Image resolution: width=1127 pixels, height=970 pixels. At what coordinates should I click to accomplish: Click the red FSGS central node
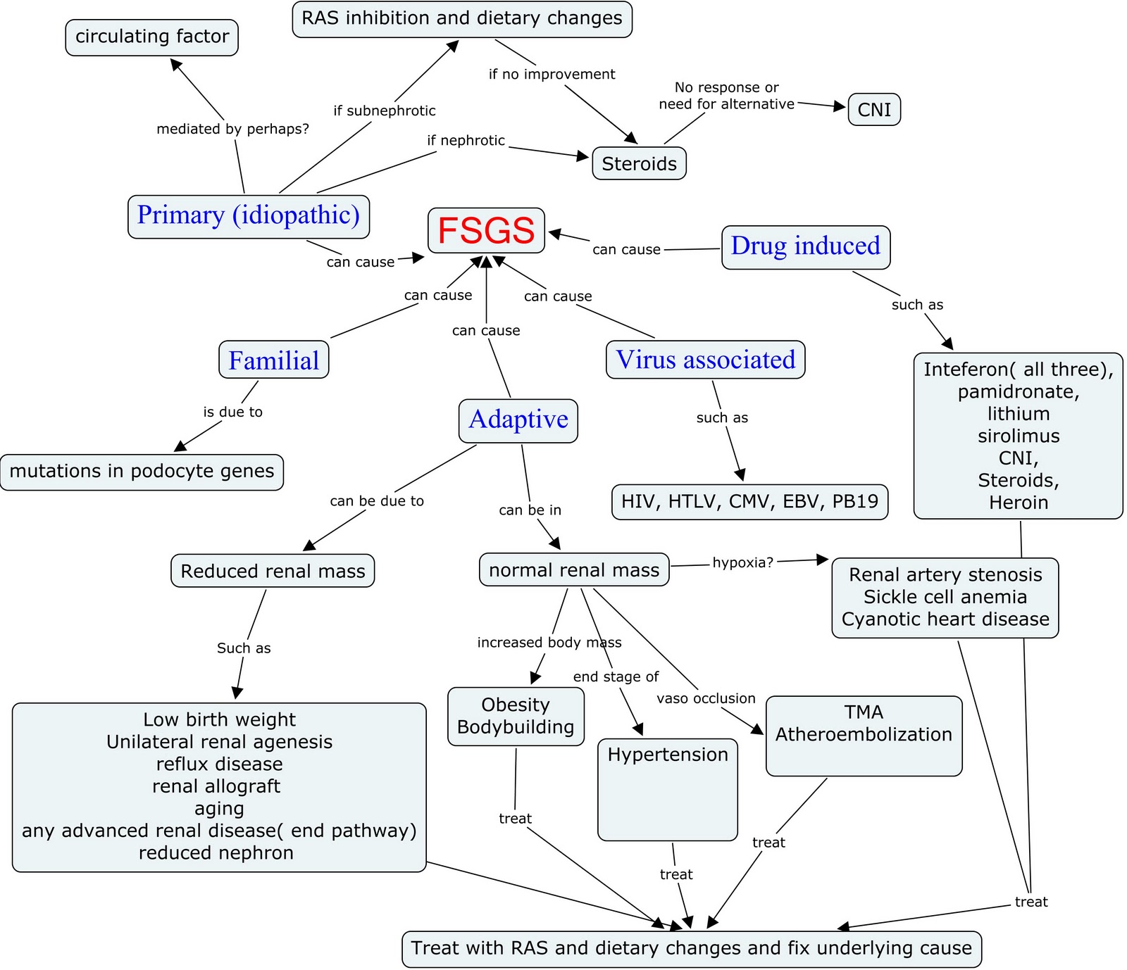pos(486,230)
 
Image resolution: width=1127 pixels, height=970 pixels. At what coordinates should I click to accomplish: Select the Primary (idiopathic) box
pos(249,216)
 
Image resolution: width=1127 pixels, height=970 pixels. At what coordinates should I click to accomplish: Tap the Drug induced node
pos(806,247)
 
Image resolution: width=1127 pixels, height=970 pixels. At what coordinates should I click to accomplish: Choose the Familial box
pos(274,360)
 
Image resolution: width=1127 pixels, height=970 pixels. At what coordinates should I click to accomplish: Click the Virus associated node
pos(705,360)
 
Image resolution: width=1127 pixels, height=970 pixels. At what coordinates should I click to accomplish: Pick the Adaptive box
pos(518,420)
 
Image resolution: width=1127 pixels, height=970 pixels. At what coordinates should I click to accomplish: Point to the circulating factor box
pos(152,37)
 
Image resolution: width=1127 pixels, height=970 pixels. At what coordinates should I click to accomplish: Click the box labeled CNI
pos(874,110)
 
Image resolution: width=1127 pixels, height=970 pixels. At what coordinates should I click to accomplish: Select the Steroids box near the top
pos(639,164)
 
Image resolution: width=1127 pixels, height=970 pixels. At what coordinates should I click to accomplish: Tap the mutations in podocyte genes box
pos(142,472)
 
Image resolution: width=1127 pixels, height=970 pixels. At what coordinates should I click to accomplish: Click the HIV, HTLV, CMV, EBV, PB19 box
pos(749,502)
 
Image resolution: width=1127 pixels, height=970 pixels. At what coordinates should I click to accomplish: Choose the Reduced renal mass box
pos(273,571)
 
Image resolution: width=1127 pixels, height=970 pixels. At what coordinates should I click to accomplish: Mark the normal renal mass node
pos(574,570)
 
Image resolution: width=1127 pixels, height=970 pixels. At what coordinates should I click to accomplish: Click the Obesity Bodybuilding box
pos(516,716)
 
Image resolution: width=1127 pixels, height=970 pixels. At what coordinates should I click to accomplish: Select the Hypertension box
pos(668,788)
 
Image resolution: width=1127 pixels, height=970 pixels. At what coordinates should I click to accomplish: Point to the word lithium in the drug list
pos(1019,414)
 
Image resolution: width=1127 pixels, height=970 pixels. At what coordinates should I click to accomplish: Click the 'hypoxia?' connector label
pos(742,562)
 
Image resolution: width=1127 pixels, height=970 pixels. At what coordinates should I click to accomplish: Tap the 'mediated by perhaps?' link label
pos(232,129)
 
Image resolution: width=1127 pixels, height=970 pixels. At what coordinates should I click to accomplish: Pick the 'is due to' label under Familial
pos(232,412)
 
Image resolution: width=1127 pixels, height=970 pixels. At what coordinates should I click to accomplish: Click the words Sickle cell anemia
pos(945,597)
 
